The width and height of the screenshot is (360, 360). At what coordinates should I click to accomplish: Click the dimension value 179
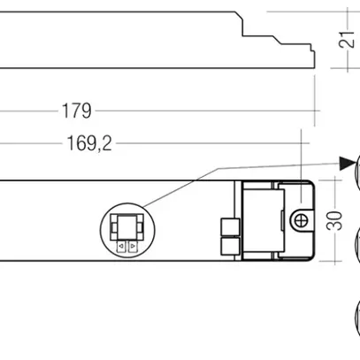pos(76,111)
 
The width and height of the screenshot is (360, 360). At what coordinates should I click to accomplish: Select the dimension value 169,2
pos(88,142)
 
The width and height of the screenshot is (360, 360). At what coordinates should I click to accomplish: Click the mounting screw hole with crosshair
pos(301,218)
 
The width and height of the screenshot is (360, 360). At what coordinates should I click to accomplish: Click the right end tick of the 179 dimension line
pos(318,111)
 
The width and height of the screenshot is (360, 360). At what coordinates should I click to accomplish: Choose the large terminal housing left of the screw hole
pos(261,218)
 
